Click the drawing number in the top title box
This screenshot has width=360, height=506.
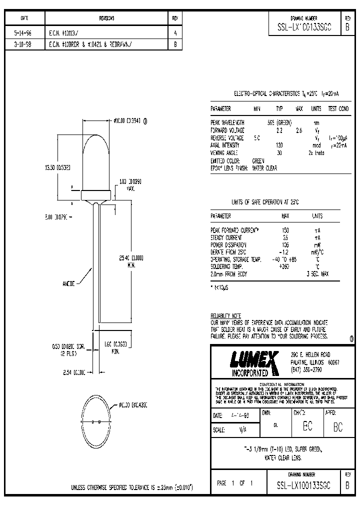(307, 28)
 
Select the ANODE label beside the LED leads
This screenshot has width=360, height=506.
(69, 283)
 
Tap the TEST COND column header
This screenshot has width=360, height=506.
(338, 108)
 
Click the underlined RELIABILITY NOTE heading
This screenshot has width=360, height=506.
(226, 316)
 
